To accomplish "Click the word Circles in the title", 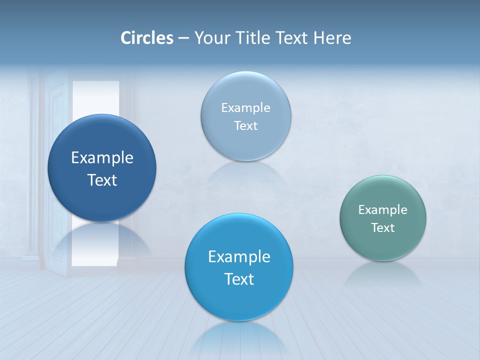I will (147, 38).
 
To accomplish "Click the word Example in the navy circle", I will (102, 158).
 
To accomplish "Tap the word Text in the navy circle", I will (102, 180).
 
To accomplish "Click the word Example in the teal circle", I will (383, 210).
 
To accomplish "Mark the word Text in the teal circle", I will (383, 228).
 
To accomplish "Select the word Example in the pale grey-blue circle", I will (246, 108).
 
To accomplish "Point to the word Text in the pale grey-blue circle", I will (246, 126).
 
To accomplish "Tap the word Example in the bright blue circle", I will (239, 257).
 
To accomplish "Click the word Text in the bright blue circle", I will (239, 279).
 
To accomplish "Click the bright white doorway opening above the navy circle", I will (96, 97).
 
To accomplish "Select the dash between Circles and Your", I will (183, 38).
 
